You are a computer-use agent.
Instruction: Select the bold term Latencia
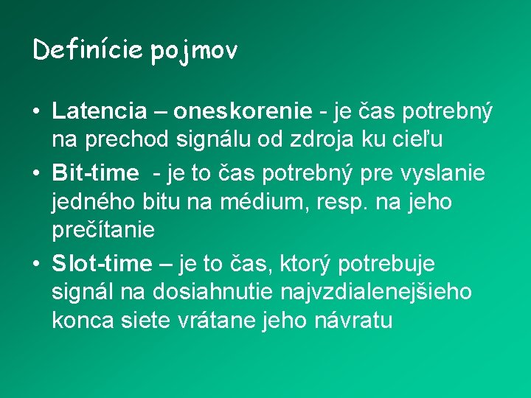point(100,111)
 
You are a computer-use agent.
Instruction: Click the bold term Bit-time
point(95,173)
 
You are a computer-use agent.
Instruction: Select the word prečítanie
point(103,231)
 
